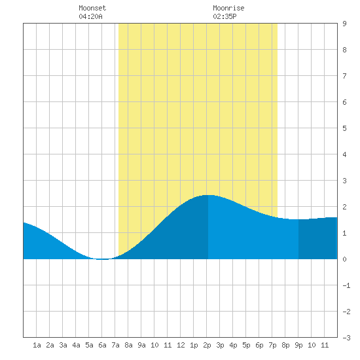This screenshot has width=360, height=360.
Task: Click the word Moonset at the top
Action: [92, 8]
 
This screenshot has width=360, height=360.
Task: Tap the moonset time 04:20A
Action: [90, 16]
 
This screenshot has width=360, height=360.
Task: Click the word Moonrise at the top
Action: [228, 8]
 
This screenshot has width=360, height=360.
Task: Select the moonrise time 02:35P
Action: [225, 16]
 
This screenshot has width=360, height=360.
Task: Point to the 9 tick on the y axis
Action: [344, 24]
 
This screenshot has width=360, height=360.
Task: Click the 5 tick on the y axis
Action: [344, 128]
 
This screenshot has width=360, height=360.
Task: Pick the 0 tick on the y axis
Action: [344, 259]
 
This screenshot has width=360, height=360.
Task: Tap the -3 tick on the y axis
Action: [346, 338]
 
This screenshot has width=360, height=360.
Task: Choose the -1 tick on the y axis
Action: [346, 285]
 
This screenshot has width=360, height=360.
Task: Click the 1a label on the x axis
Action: [37, 345]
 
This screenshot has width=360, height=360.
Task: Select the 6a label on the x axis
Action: [102, 345]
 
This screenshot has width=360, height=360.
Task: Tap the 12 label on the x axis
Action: [181, 345]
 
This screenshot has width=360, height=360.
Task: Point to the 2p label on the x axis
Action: [207, 345]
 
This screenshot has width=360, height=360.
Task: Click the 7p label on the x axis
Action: [272, 345]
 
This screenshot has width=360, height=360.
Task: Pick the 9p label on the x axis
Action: [298, 345]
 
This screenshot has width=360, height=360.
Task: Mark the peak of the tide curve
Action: [208, 195]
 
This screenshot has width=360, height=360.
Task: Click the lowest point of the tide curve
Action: [102, 259]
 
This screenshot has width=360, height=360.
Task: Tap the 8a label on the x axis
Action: [128, 345]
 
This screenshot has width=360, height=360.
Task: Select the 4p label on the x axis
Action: [233, 345]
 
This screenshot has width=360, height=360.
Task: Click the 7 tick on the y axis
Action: [344, 76]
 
